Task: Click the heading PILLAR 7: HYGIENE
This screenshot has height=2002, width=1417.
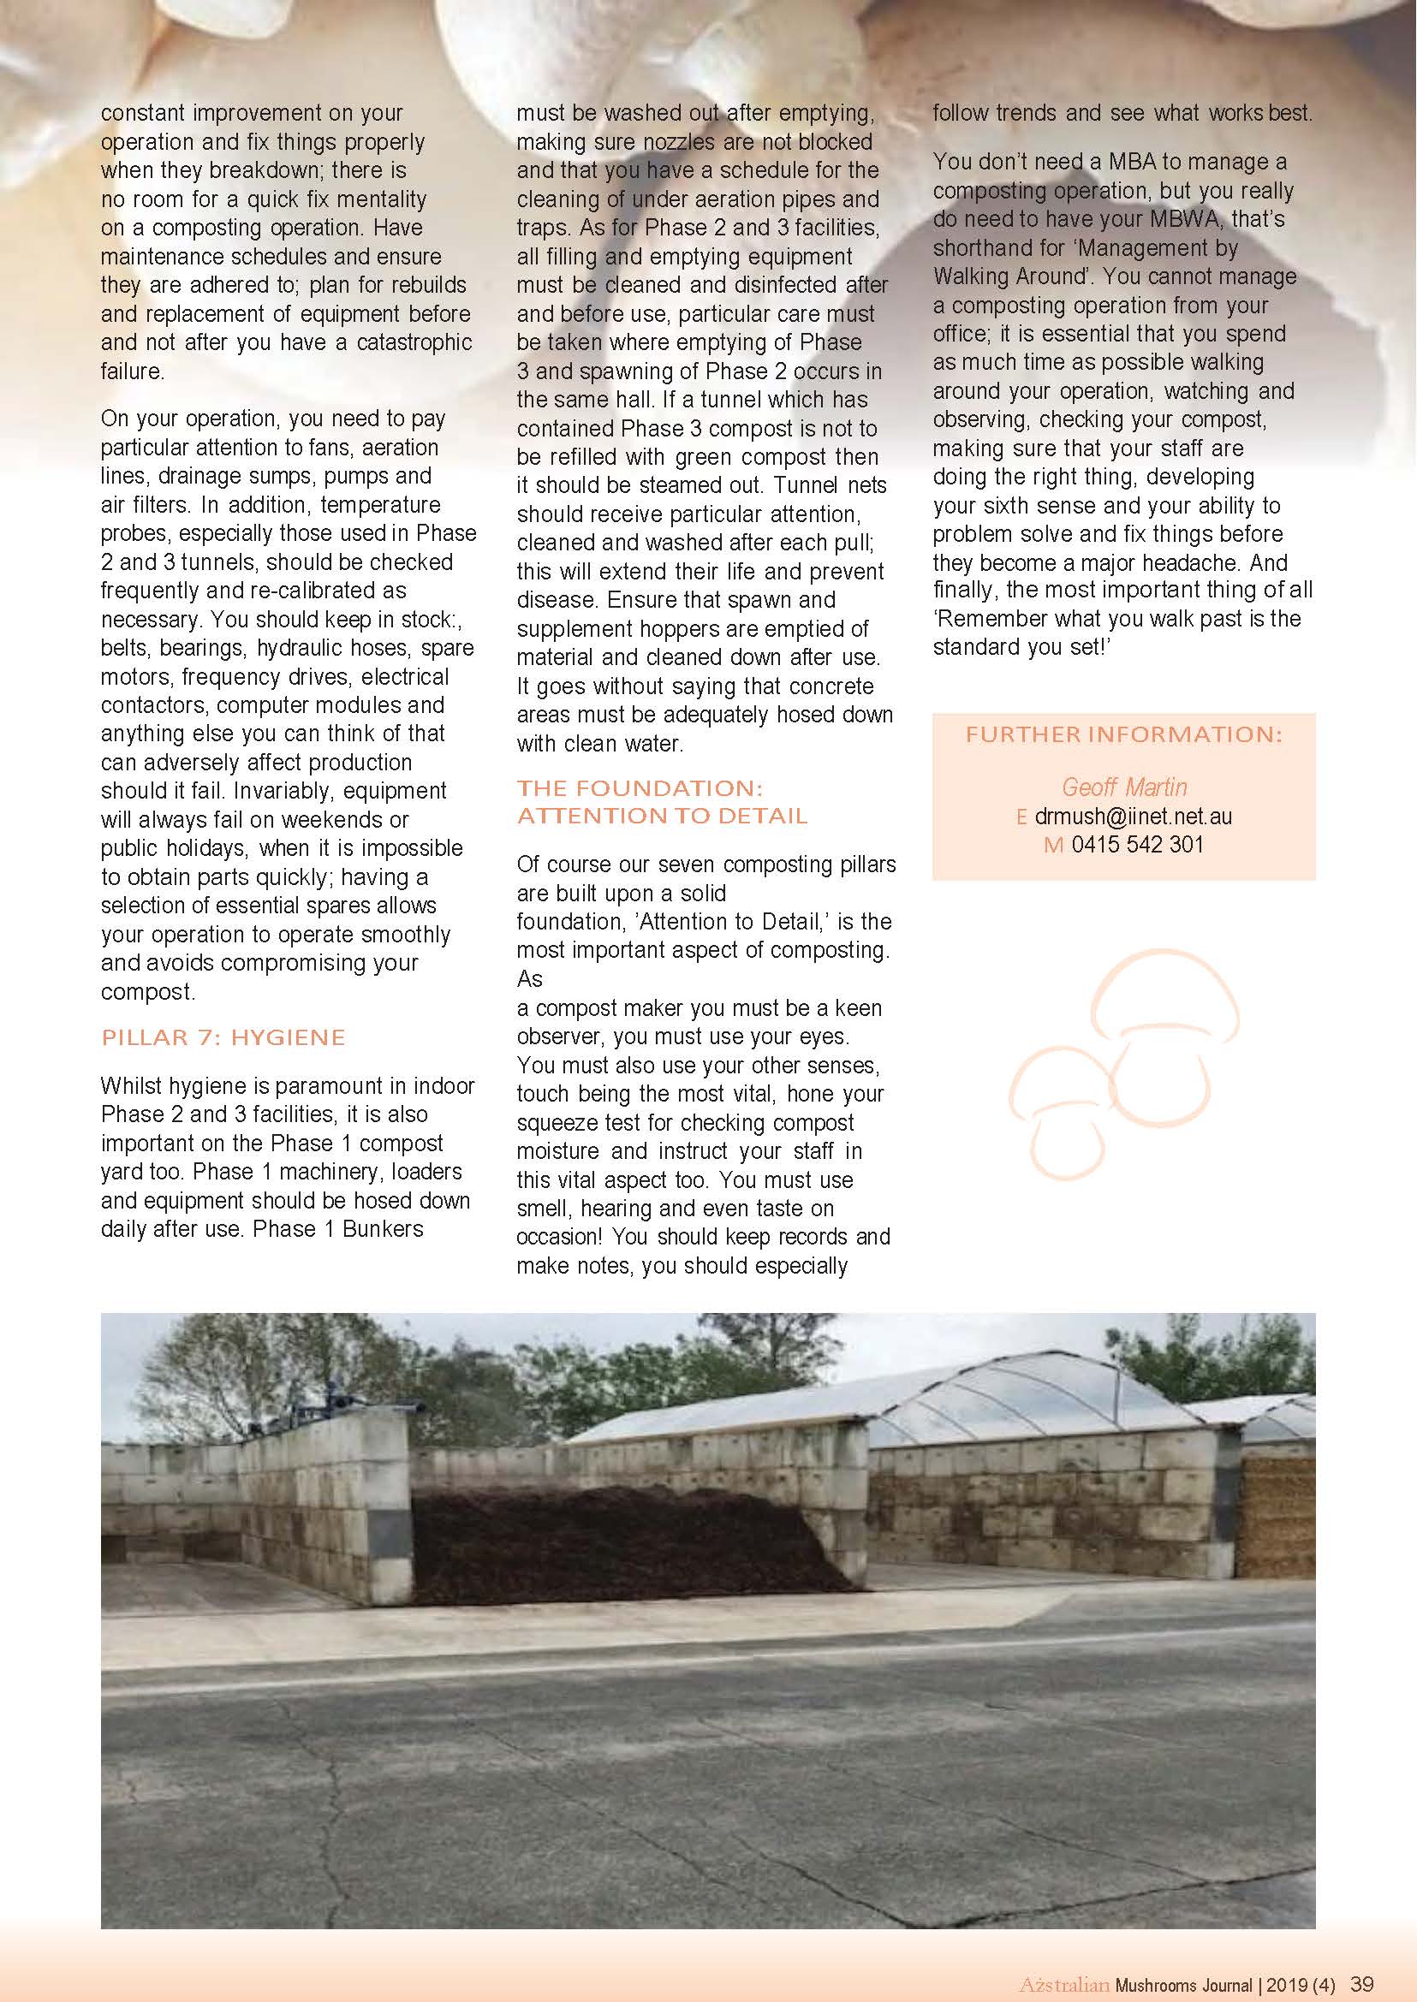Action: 223,1037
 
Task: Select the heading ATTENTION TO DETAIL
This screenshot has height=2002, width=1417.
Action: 662,816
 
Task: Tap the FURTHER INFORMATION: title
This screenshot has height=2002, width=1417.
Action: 1124,734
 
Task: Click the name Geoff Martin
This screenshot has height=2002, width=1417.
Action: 1124,787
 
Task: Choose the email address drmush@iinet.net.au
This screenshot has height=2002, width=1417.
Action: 1134,817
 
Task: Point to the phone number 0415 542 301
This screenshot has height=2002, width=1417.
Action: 1137,845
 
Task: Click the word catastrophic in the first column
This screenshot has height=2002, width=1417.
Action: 414,342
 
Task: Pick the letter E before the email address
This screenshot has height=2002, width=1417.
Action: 1021,817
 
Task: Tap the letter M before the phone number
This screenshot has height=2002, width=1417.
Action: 1053,846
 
